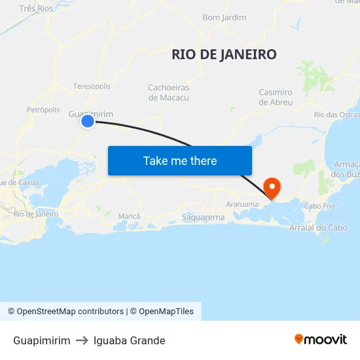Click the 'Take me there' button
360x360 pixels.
180,160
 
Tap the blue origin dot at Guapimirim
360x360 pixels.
87,121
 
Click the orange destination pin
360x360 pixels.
271,187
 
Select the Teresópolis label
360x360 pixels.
92,86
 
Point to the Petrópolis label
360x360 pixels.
43,110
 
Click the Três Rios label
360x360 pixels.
36,9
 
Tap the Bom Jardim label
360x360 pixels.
225,18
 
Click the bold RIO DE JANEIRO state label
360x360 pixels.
224,54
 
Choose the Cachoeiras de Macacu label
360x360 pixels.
168,92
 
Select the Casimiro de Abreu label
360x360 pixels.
276,97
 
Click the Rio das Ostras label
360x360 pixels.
336,115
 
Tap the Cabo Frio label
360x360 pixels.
319,206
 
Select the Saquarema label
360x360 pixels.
202,217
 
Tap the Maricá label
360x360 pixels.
129,216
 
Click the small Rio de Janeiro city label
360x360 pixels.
36,213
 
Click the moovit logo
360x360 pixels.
320,339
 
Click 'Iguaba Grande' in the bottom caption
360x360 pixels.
129,340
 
